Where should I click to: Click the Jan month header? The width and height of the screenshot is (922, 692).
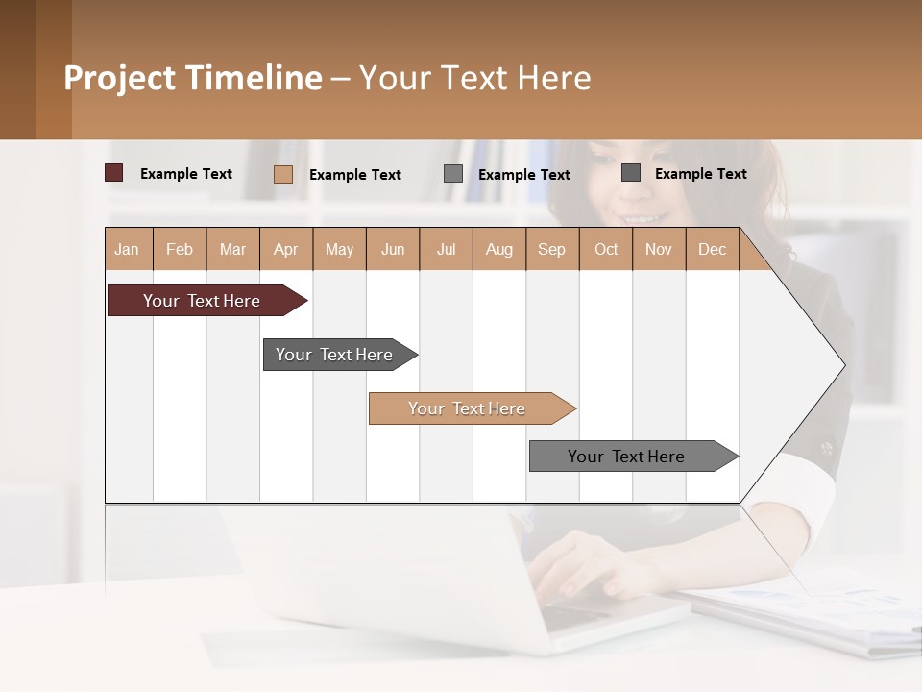[127, 249]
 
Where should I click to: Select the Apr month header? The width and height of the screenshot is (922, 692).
[286, 249]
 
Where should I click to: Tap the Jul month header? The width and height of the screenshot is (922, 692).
[446, 249]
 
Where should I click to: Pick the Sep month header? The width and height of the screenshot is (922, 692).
[552, 249]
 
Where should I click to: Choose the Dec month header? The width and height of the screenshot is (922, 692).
[712, 249]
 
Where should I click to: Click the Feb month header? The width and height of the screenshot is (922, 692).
[180, 249]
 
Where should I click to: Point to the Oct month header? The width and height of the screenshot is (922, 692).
[606, 249]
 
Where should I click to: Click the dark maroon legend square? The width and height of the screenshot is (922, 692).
[114, 173]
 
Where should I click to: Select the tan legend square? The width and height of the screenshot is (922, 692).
[283, 174]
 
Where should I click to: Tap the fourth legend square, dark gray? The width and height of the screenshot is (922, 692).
[631, 173]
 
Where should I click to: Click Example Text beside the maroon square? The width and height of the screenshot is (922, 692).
[186, 174]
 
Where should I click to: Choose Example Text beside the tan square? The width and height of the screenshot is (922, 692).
[355, 175]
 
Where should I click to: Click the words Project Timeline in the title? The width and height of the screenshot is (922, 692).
[193, 78]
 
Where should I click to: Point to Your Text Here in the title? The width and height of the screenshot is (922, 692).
[475, 78]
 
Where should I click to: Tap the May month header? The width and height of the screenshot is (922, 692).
[339, 249]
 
